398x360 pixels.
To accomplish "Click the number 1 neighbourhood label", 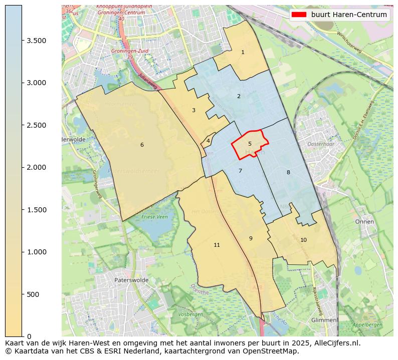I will tap(243, 52).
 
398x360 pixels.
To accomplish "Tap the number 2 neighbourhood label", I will tap(239, 96).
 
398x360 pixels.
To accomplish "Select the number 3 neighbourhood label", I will tap(193, 110).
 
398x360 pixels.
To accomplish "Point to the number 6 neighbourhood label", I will tap(142, 145).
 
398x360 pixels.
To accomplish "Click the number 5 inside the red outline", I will tap(250, 144).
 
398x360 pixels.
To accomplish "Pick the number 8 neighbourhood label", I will tap(288, 172).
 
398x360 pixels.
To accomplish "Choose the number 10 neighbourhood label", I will tap(303, 240).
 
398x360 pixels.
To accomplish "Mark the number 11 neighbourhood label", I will tap(217, 245).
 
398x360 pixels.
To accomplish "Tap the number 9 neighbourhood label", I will tap(251, 238).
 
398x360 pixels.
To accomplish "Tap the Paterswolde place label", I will tap(131, 280).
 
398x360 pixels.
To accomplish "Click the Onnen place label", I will tap(364, 221).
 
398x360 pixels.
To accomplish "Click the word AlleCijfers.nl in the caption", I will tap(336, 343).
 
